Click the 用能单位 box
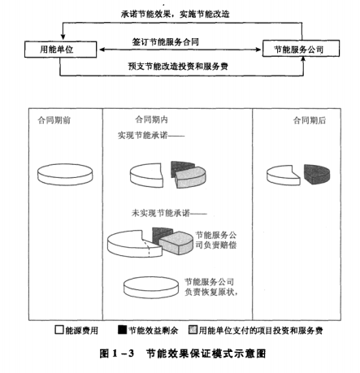(x=60, y=50)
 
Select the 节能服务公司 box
(x=301, y=49)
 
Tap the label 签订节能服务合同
(x=166, y=42)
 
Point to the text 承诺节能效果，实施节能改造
(x=176, y=14)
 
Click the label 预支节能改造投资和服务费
(x=178, y=66)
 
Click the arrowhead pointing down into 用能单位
(x=63, y=37)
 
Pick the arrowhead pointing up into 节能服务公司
(x=303, y=59)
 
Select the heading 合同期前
(x=54, y=120)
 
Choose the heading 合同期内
(x=151, y=119)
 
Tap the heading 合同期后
(x=310, y=120)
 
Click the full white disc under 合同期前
(x=65, y=175)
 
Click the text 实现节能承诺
(x=142, y=135)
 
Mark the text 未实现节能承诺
(x=161, y=213)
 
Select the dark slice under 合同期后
(x=317, y=174)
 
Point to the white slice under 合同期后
(x=282, y=176)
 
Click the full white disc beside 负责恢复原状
(x=151, y=287)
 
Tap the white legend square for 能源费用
(x=59, y=330)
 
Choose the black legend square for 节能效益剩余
(x=122, y=329)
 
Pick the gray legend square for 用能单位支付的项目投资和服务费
(x=193, y=330)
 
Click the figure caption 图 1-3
(x=117, y=353)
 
